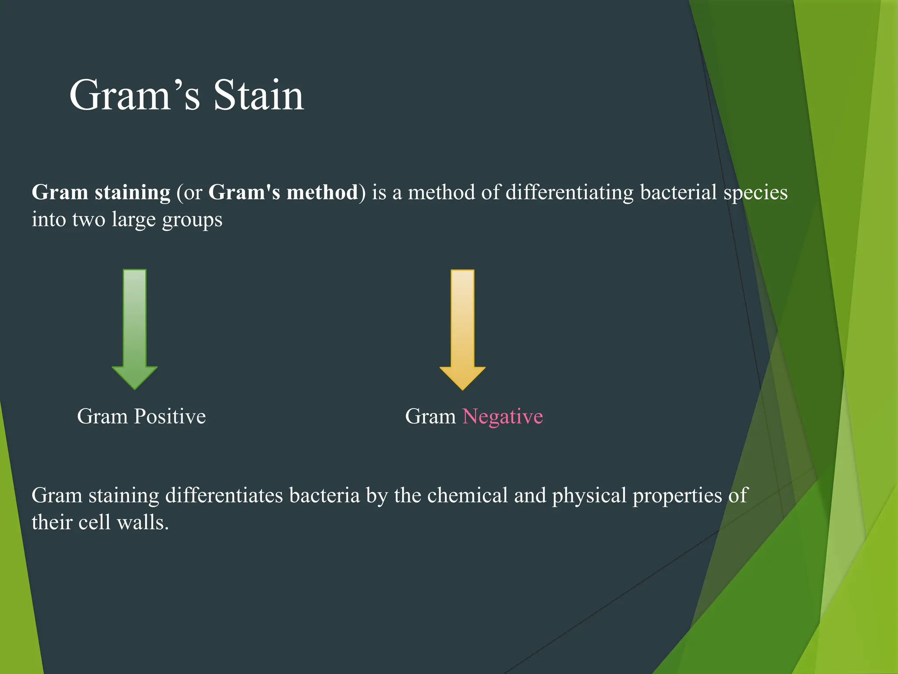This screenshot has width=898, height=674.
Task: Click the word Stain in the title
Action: pos(258,95)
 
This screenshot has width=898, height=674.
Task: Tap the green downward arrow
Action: pos(135,329)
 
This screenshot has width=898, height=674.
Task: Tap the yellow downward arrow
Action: pos(463,329)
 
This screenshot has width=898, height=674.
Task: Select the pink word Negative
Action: pos(502,416)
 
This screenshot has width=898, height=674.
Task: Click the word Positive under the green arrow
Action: pos(170,416)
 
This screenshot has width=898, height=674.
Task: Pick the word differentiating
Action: pos(569,193)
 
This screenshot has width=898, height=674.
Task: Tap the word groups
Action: pos(192,220)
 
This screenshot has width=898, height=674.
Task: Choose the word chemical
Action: pos(467,495)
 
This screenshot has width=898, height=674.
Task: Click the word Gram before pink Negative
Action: pos(430,416)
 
